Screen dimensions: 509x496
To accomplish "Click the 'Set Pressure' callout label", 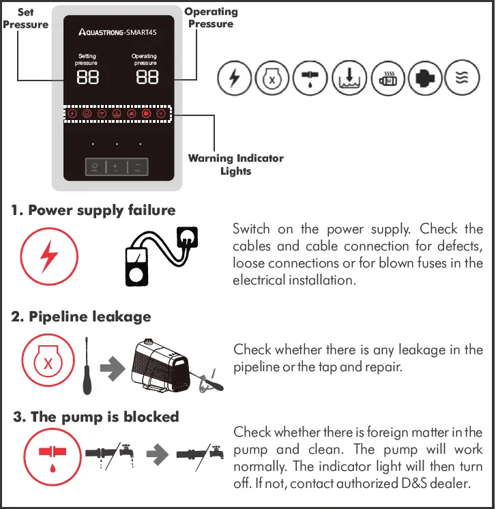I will [x=25, y=18].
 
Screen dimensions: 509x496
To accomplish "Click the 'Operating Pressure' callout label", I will [x=211, y=18].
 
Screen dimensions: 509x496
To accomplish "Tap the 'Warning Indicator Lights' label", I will [x=235, y=164].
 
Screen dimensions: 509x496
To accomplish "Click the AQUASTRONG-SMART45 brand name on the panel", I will [x=118, y=33].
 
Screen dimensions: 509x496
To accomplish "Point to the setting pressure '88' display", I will [x=87, y=76].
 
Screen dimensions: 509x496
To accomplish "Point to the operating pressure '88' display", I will [x=147, y=76].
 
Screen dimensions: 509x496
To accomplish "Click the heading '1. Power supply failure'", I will [x=93, y=210].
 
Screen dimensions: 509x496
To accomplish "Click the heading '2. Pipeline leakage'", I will [x=81, y=317].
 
